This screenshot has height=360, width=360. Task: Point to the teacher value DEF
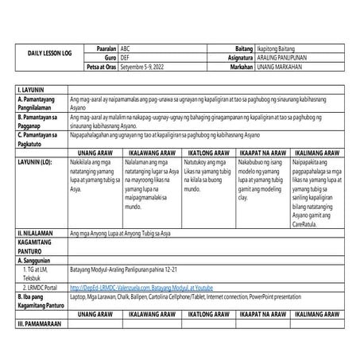(125, 58)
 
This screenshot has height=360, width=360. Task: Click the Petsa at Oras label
(99, 68)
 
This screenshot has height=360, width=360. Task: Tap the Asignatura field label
(236, 58)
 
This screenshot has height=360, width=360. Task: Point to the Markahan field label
(238, 68)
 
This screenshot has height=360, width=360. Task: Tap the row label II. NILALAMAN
(40, 234)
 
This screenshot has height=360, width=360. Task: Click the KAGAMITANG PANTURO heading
(39, 247)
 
